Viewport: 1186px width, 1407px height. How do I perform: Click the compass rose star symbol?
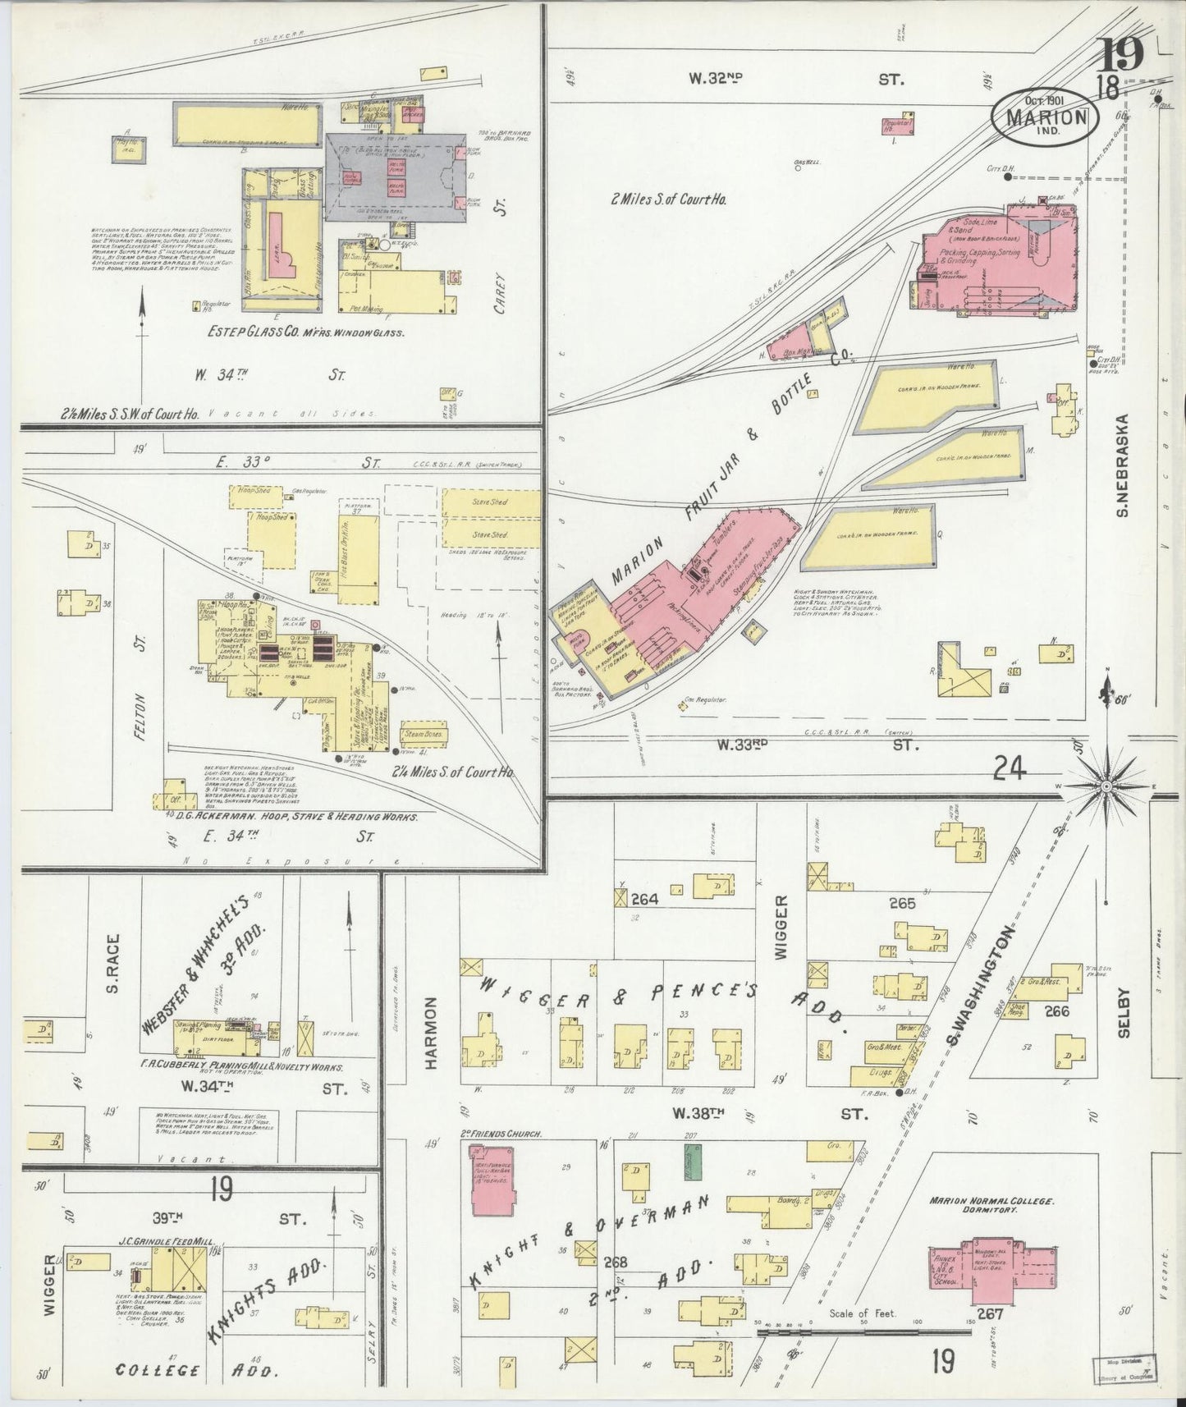[x=1105, y=787]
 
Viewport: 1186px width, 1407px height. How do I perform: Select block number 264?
[x=644, y=899]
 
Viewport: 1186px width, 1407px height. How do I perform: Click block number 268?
[x=615, y=1262]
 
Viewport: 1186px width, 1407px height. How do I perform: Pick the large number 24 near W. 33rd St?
[x=1010, y=768]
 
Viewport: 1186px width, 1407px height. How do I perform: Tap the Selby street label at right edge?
[x=1124, y=1011]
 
